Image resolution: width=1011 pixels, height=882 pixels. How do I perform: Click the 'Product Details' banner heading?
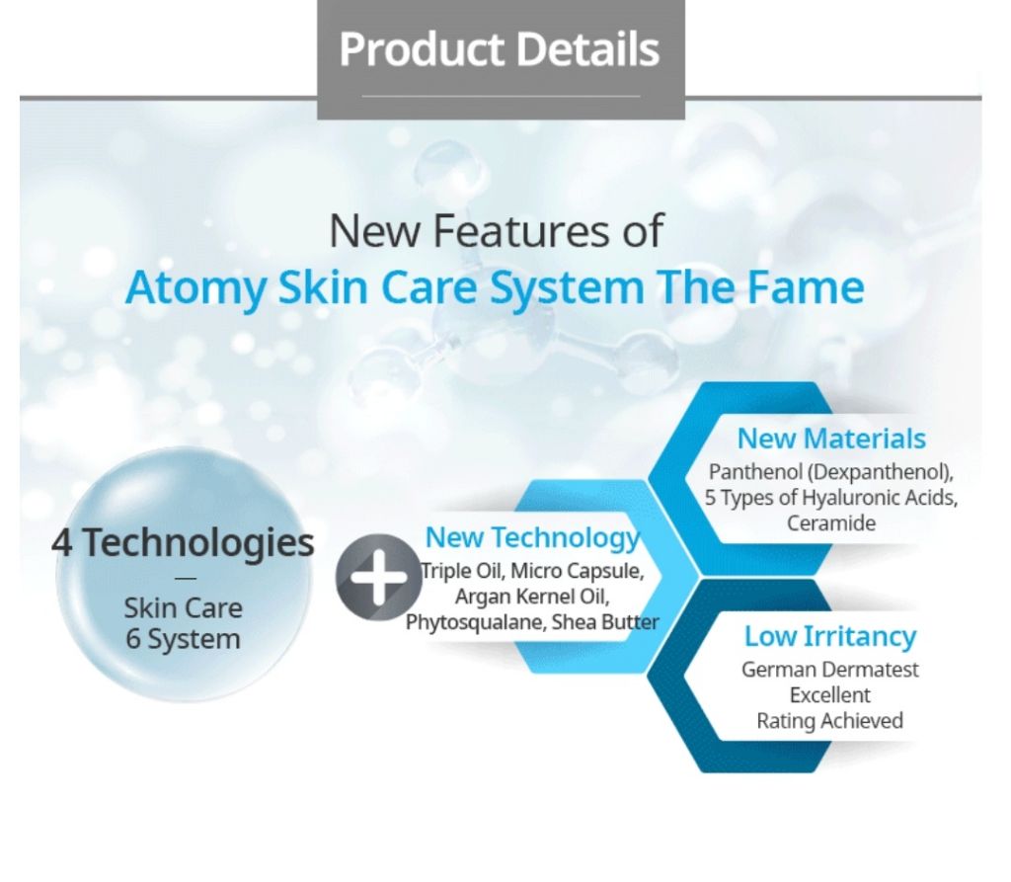tap(500, 49)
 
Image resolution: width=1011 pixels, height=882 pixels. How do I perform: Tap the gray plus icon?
tap(378, 578)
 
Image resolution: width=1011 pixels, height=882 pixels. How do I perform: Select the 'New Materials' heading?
tap(831, 439)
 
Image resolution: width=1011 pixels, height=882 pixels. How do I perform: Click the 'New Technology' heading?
tap(532, 537)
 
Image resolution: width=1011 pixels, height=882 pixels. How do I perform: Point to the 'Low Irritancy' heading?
tap(830, 636)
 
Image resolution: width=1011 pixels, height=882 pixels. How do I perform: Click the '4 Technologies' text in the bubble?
tap(183, 542)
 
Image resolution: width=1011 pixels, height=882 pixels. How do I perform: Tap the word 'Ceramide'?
tap(831, 522)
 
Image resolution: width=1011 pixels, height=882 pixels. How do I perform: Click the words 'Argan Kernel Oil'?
tap(532, 597)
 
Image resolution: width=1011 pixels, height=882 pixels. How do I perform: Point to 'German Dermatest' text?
tap(829, 670)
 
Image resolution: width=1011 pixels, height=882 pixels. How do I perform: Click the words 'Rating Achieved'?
tap(829, 721)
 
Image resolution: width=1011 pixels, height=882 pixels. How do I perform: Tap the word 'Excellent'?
tap(829, 695)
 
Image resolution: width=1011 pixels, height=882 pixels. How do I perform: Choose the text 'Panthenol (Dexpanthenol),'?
tap(831, 472)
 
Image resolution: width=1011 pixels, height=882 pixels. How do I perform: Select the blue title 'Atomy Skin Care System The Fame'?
tap(495, 287)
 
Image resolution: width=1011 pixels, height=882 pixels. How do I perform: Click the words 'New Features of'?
tap(496, 230)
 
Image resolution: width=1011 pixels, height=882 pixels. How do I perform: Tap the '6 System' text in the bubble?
tap(183, 639)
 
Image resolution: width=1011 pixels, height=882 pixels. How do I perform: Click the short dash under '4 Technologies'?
tap(185, 579)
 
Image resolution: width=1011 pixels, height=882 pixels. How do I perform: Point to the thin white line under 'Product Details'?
tap(501, 96)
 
